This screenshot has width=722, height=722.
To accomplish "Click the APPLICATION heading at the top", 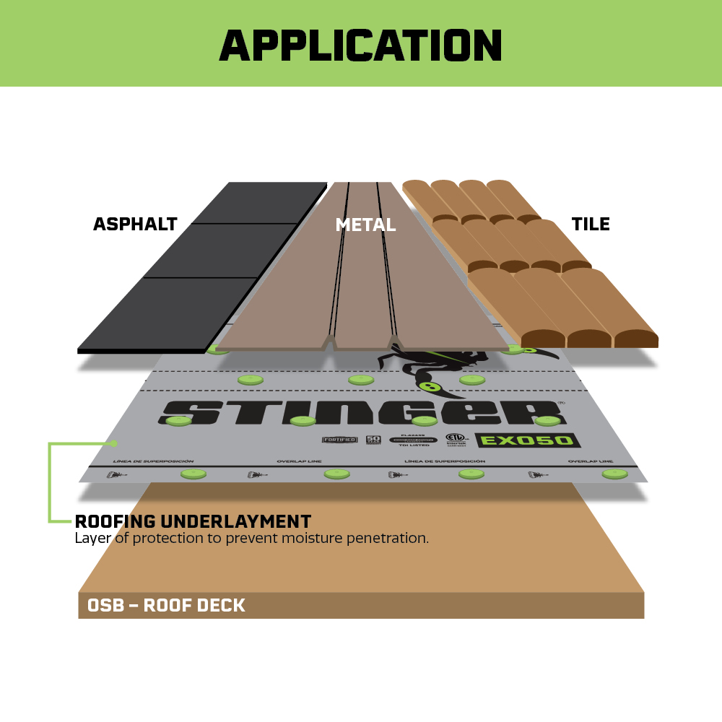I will (x=360, y=45).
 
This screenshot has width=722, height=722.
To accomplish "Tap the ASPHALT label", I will (x=135, y=225).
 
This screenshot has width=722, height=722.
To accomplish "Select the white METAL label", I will (x=365, y=225).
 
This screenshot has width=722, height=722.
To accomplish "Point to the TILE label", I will (x=591, y=225).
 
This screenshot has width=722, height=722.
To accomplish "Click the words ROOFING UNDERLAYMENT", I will (x=193, y=521).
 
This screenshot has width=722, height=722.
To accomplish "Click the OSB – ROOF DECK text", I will (x=166, y=606).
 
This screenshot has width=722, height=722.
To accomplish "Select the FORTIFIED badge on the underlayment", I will (x=339, y=440).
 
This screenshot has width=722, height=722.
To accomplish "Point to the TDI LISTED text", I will (x=412, y=445).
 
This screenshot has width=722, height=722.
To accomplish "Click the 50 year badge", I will (x=373, y=440).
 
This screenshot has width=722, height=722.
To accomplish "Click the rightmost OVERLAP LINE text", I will (x=591, y=461).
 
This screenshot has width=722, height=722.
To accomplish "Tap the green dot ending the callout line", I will (x=112, y=443).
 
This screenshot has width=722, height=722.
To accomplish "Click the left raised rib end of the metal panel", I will (x=329, y=342).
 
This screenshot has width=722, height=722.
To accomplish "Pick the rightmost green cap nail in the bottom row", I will (x=614, y=474).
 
